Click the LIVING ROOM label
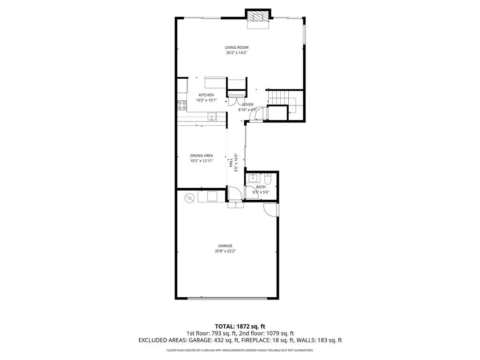point(236,47)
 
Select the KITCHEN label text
point(206,95)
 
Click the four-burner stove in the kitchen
point(182,105)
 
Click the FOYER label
point(247,105)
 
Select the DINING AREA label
point(202,156)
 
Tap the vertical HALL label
point(231,163)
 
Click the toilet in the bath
point(268,179)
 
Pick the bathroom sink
point(253,178)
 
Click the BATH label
point(261,187)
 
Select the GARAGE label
point(225,246)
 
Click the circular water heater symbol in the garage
point(190,198)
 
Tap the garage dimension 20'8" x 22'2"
point(225,251)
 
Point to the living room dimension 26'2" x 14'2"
point(236,53)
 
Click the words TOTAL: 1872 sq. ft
point(240,326)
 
